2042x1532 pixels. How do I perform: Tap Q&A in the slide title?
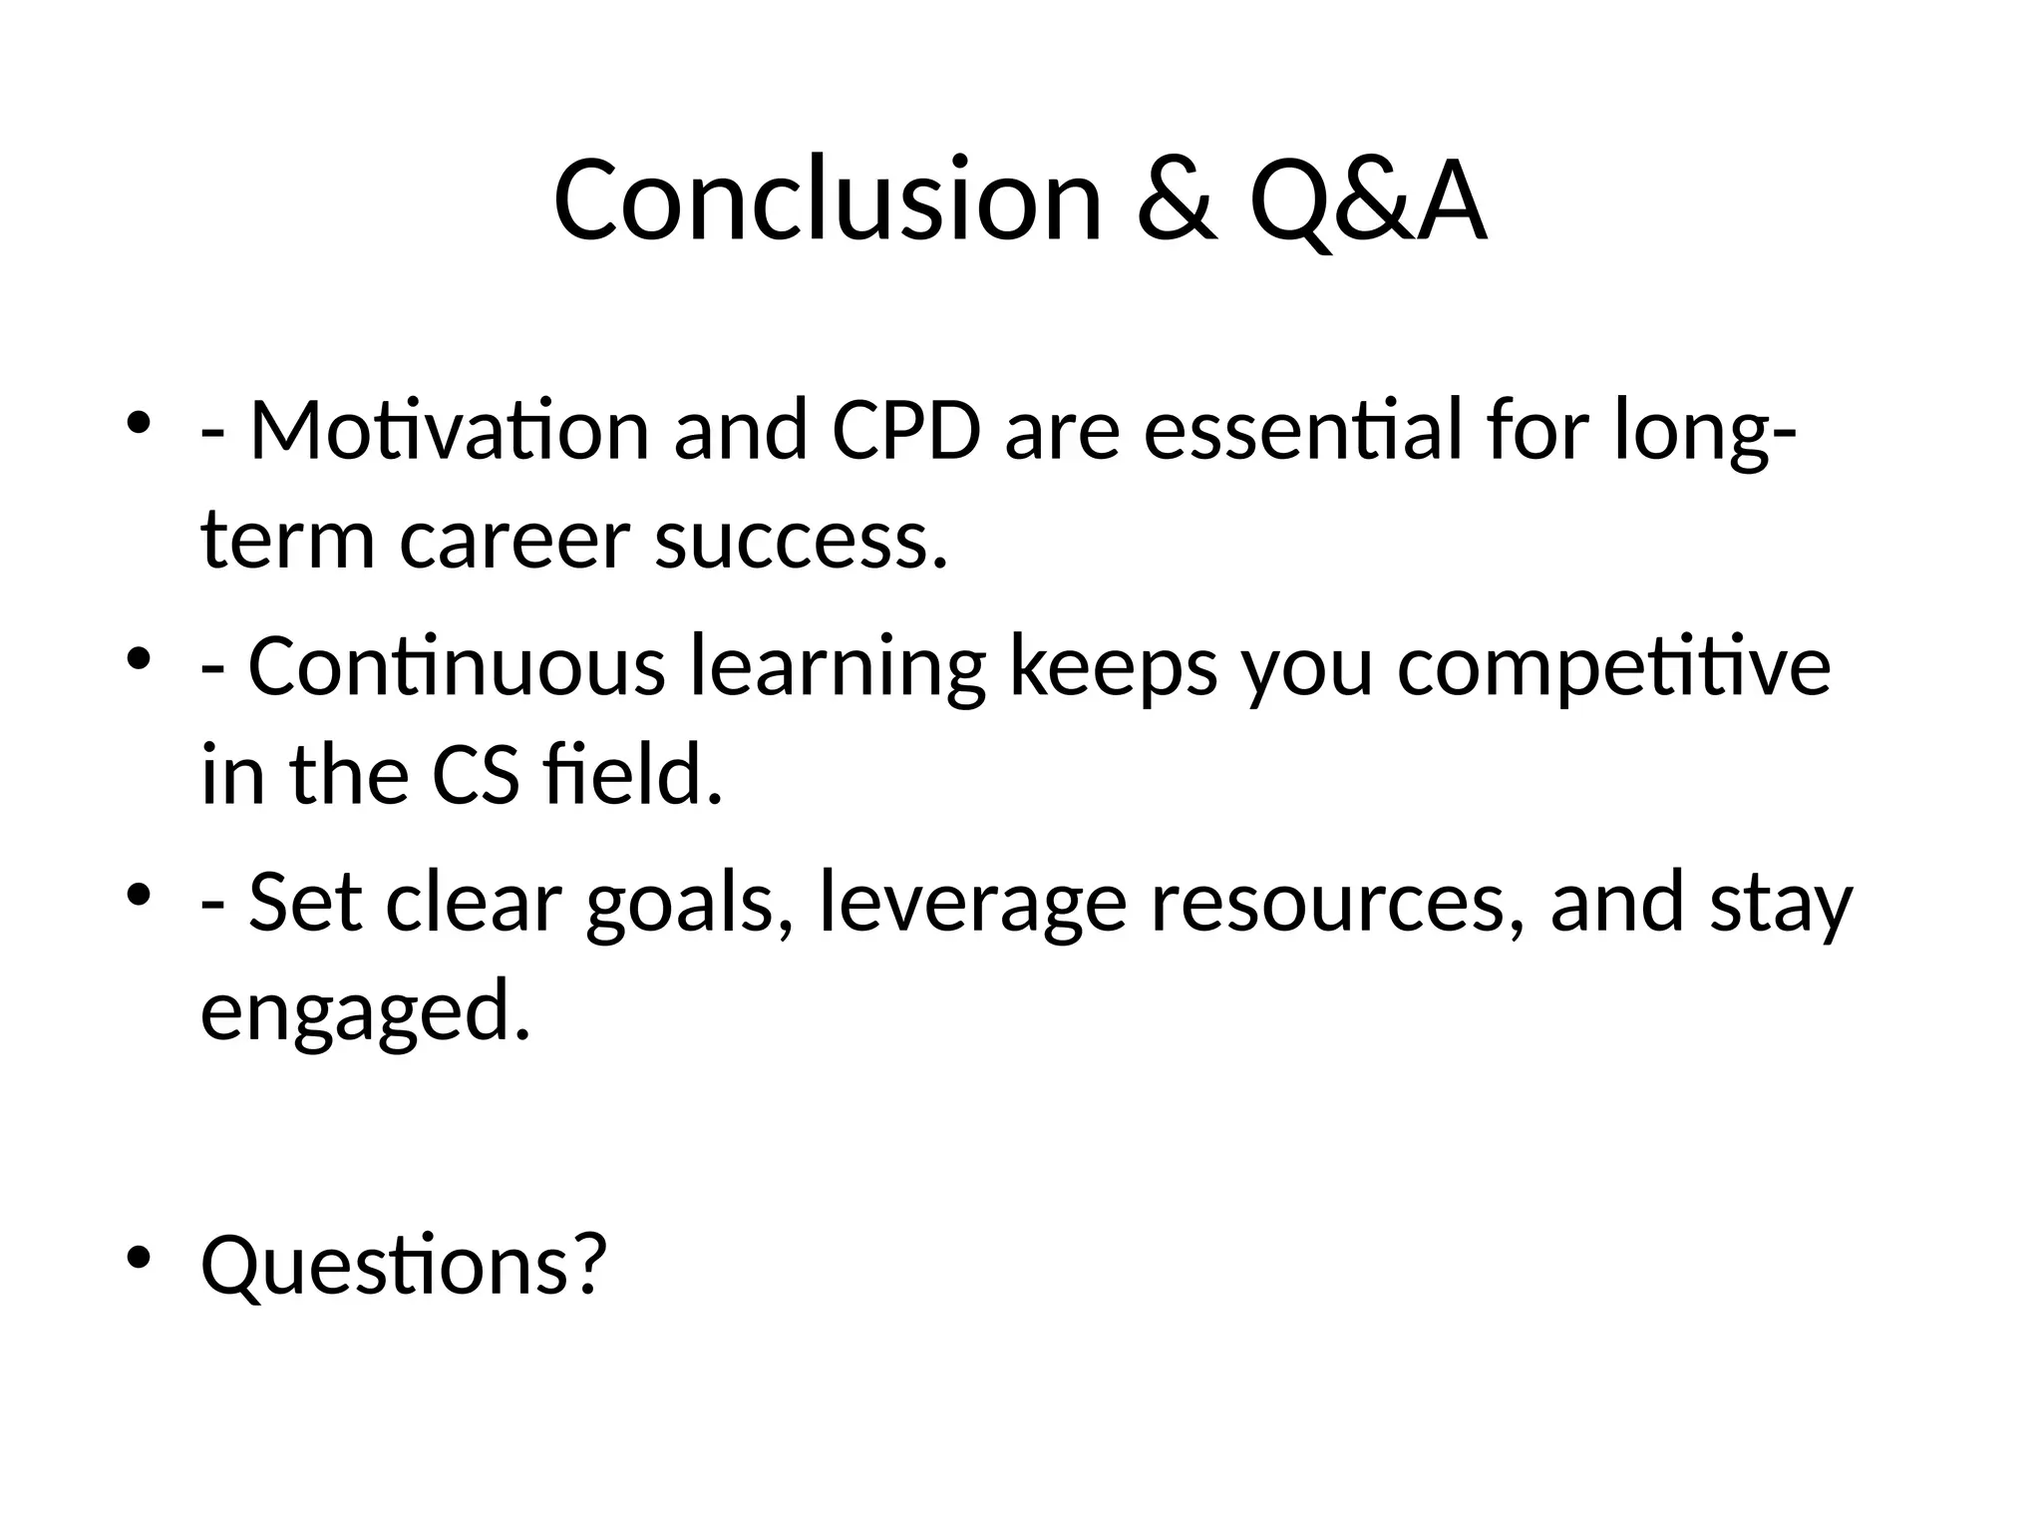click(x=1367, y=202)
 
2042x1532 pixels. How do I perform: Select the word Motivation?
click(x=449, y=431)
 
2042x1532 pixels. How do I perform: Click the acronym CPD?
click(x=905, y=431)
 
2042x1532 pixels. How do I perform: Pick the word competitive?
click(x=1612, y=668)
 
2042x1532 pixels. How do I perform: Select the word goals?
click(x=689, y=905)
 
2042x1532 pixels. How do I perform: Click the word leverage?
click(x=972, y=905)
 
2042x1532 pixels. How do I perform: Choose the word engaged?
click(x=365, y=1013)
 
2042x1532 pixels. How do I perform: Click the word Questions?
click(x=403, y=1265)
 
